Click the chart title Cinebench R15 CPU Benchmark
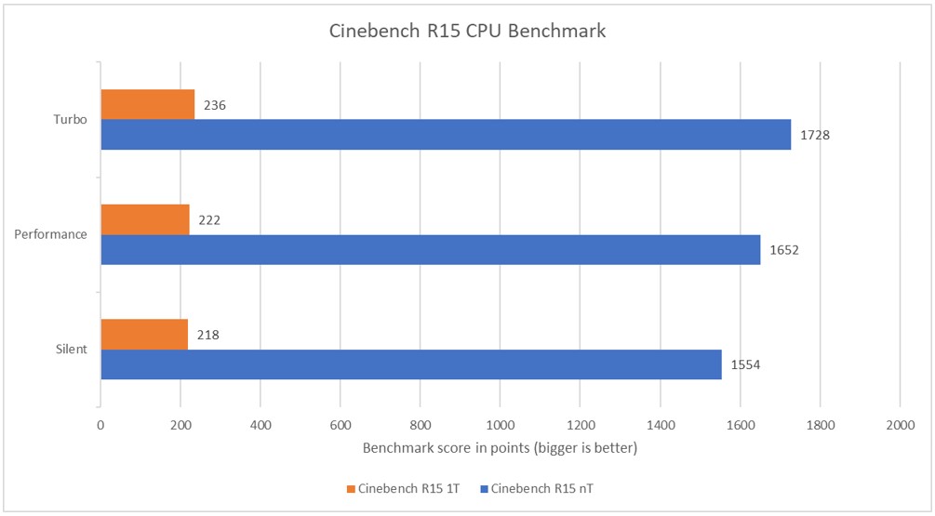point(467,32)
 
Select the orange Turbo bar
point(147,104)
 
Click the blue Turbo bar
point(445,135)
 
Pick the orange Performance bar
point(144,219)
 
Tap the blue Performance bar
point(430,250)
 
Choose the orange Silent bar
point(143,335)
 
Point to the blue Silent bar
point(410,364)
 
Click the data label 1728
point(814,135)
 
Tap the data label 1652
point(783,250)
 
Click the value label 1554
point(745,365)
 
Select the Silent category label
point(71,350)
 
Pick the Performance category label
point(50,234)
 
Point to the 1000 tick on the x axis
point(500,426)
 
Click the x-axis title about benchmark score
point(500,449)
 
